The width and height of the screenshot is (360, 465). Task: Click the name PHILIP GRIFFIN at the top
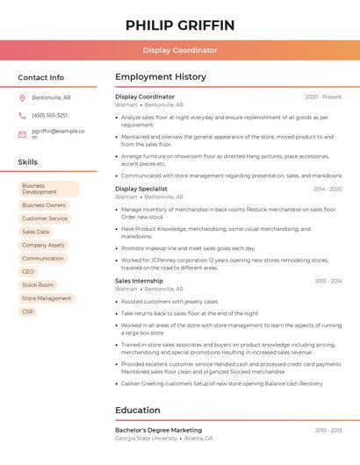click(180, 25)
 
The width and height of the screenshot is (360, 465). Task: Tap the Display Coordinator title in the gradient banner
click(180, 51)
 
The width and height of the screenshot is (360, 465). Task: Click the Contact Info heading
click(41, 77)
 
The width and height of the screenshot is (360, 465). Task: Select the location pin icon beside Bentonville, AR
click(23, 97)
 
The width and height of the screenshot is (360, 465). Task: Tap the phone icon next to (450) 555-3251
click(23, 115)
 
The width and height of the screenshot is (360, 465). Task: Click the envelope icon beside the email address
click(23, 133)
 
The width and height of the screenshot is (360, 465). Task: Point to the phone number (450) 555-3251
click(50, 115)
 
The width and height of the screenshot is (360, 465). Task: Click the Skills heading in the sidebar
click(28, 162)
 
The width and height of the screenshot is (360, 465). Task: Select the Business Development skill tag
click(49, 189)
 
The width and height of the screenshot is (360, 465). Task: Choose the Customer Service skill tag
click(45, 218)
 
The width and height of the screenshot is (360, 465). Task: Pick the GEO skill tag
click(28, 272)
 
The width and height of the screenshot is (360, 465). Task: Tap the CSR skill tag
click(28, 311)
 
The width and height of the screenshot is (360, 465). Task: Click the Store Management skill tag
click(47, 298)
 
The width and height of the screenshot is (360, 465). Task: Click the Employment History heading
click(161, 77)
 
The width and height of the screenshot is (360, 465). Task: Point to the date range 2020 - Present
click(323, 97)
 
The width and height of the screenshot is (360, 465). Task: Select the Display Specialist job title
click(141, 189)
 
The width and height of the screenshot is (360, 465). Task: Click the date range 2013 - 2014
click(328, 281)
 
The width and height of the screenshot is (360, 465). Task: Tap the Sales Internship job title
click(139, 281)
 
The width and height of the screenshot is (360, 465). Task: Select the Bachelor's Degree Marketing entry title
click(158, 430)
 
